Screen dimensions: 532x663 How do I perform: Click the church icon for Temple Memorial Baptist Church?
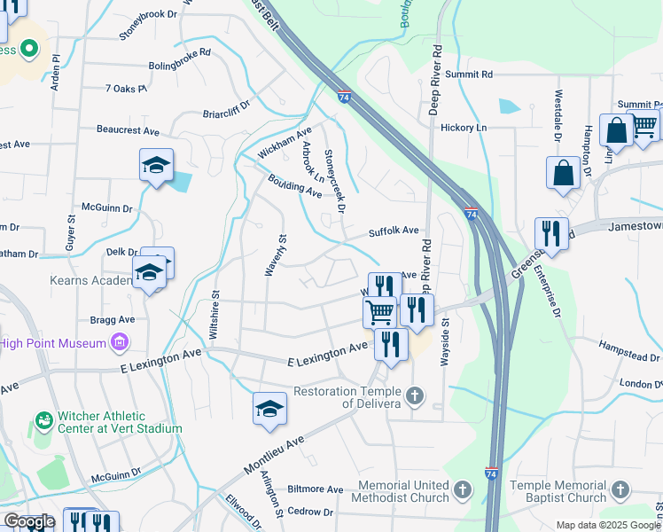tap(620, 489)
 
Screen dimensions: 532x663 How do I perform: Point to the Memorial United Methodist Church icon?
tap(462, 489)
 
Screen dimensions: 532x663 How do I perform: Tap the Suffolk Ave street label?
tap(394, 231)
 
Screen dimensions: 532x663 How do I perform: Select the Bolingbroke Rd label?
tap(180, 53)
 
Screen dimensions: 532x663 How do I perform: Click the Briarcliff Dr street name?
tap(227, 113)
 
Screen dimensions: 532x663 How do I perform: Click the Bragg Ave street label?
tap(113, 319)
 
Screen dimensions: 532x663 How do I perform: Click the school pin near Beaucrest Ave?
tap(156, 166)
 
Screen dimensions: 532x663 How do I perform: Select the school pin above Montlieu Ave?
tap(270, 409)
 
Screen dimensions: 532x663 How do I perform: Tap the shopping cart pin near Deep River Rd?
tap(380, 311)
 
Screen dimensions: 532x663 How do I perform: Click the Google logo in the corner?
tap(29, 521)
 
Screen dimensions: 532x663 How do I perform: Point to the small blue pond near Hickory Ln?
tap(509, 106)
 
